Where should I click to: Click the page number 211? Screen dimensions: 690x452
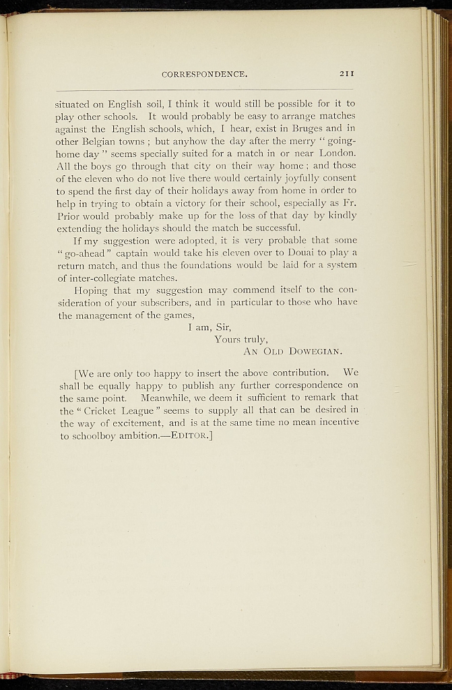(x=346, y=73)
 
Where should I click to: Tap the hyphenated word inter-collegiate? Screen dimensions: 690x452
(x=105, y=278)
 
